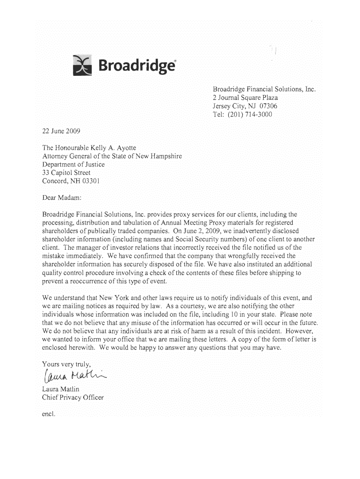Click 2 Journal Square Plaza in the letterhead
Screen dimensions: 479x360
(245, 98)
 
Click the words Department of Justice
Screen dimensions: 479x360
(73, 164)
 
